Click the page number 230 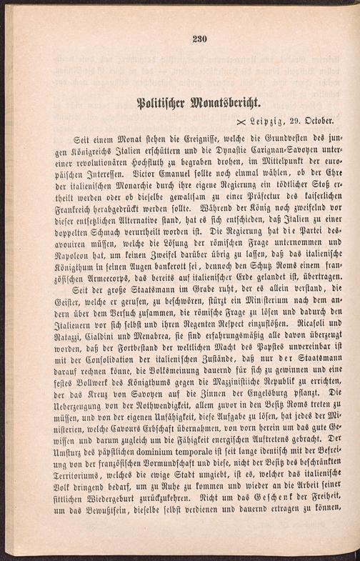[199, 40]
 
